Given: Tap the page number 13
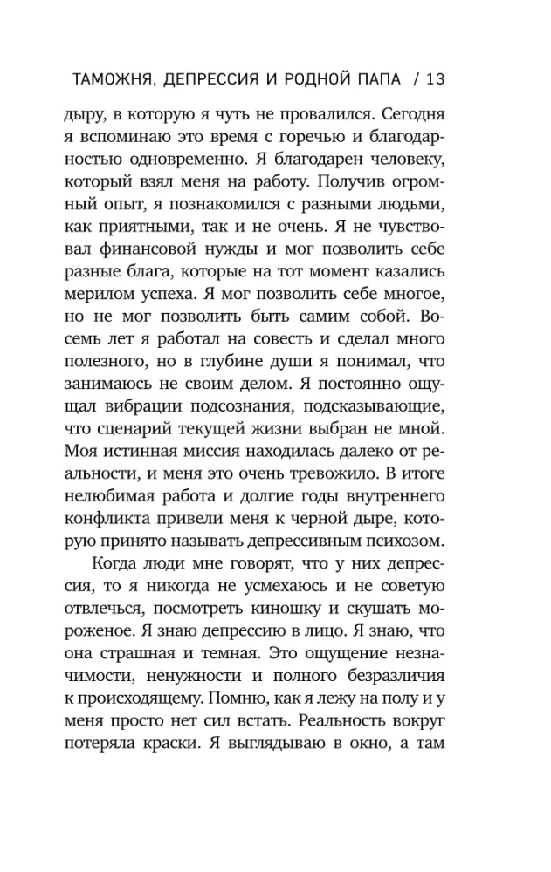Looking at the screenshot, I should coord(435,79).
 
